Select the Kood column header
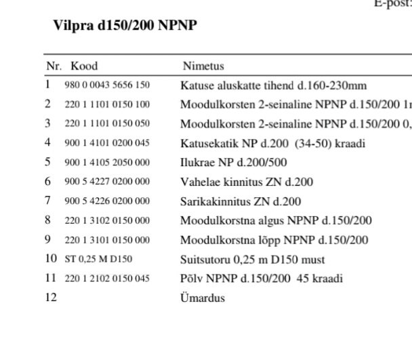[x=84, y=66]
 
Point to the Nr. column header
[x=54, y=66]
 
